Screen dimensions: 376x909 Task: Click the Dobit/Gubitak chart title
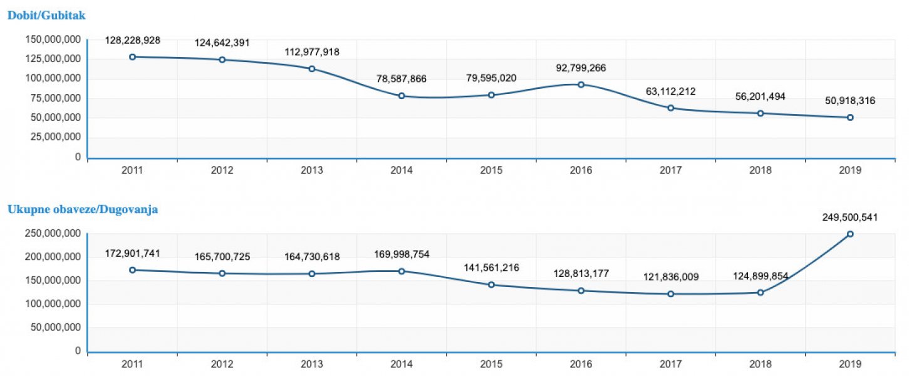(x=46, y=15)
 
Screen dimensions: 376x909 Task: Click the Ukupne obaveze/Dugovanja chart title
(x=82, y=209)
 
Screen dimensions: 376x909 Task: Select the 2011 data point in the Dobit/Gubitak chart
(x=132, y=57)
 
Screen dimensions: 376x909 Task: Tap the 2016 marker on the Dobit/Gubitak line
(x=581, y=85)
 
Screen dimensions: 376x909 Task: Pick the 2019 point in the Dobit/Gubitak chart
(x=850, y=117)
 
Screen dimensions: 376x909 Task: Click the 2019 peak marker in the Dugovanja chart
(x=850, y=234)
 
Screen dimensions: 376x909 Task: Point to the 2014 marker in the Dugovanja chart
(x=402, y=271)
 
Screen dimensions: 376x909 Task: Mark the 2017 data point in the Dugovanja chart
(x=671, y=294)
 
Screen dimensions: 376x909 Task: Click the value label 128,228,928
(x=132, y=40)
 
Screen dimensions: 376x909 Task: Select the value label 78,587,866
(x=402, y=78)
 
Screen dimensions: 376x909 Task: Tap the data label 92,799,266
(x=581, y=68)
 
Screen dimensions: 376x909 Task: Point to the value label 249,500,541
(x=850, y=217)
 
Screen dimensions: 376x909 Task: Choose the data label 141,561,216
(x=491, y=268)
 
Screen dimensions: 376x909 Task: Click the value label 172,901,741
(x=132, y=253)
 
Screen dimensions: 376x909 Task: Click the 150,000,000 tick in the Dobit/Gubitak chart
(x=53, y=39)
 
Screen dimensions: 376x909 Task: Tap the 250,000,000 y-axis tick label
(x=53, y=234)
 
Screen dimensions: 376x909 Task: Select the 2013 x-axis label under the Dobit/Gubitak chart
(x=312, y=170)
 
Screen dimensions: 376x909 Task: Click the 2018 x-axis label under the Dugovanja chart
(x=761, y=363)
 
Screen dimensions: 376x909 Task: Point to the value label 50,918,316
(x=850, y=100)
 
